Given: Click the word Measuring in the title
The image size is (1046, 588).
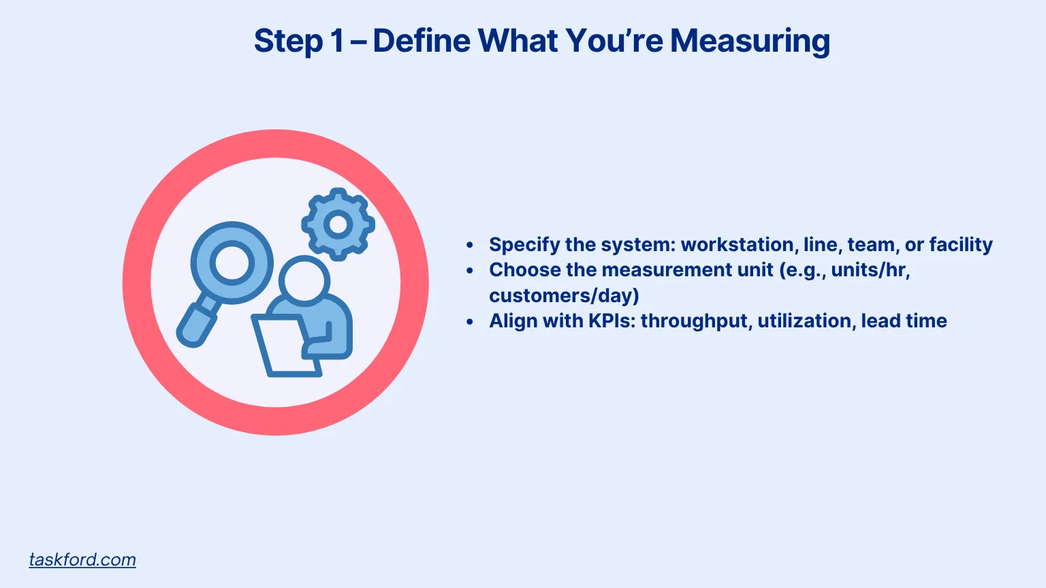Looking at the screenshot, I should tap(750, 41).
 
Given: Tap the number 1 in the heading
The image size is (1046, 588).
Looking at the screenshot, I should tap(336, 41).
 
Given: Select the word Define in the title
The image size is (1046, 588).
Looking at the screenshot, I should tap(422, 41).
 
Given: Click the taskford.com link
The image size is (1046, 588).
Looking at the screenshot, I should tap(82, 559).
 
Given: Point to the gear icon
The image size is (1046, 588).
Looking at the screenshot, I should tap(338, 224).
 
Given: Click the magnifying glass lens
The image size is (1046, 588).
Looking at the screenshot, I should tap(232, 263).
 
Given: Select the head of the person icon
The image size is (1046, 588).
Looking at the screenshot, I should tap(304, 279).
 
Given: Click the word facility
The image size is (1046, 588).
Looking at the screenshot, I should tap(961, 244).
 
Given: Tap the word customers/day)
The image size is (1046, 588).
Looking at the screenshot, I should tap(564, 295).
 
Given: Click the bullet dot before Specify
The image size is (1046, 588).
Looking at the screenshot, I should tap(470, 245).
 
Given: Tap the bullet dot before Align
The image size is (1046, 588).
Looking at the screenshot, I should tap(470, 321).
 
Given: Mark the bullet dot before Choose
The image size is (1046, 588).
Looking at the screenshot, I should tap(470, 270).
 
